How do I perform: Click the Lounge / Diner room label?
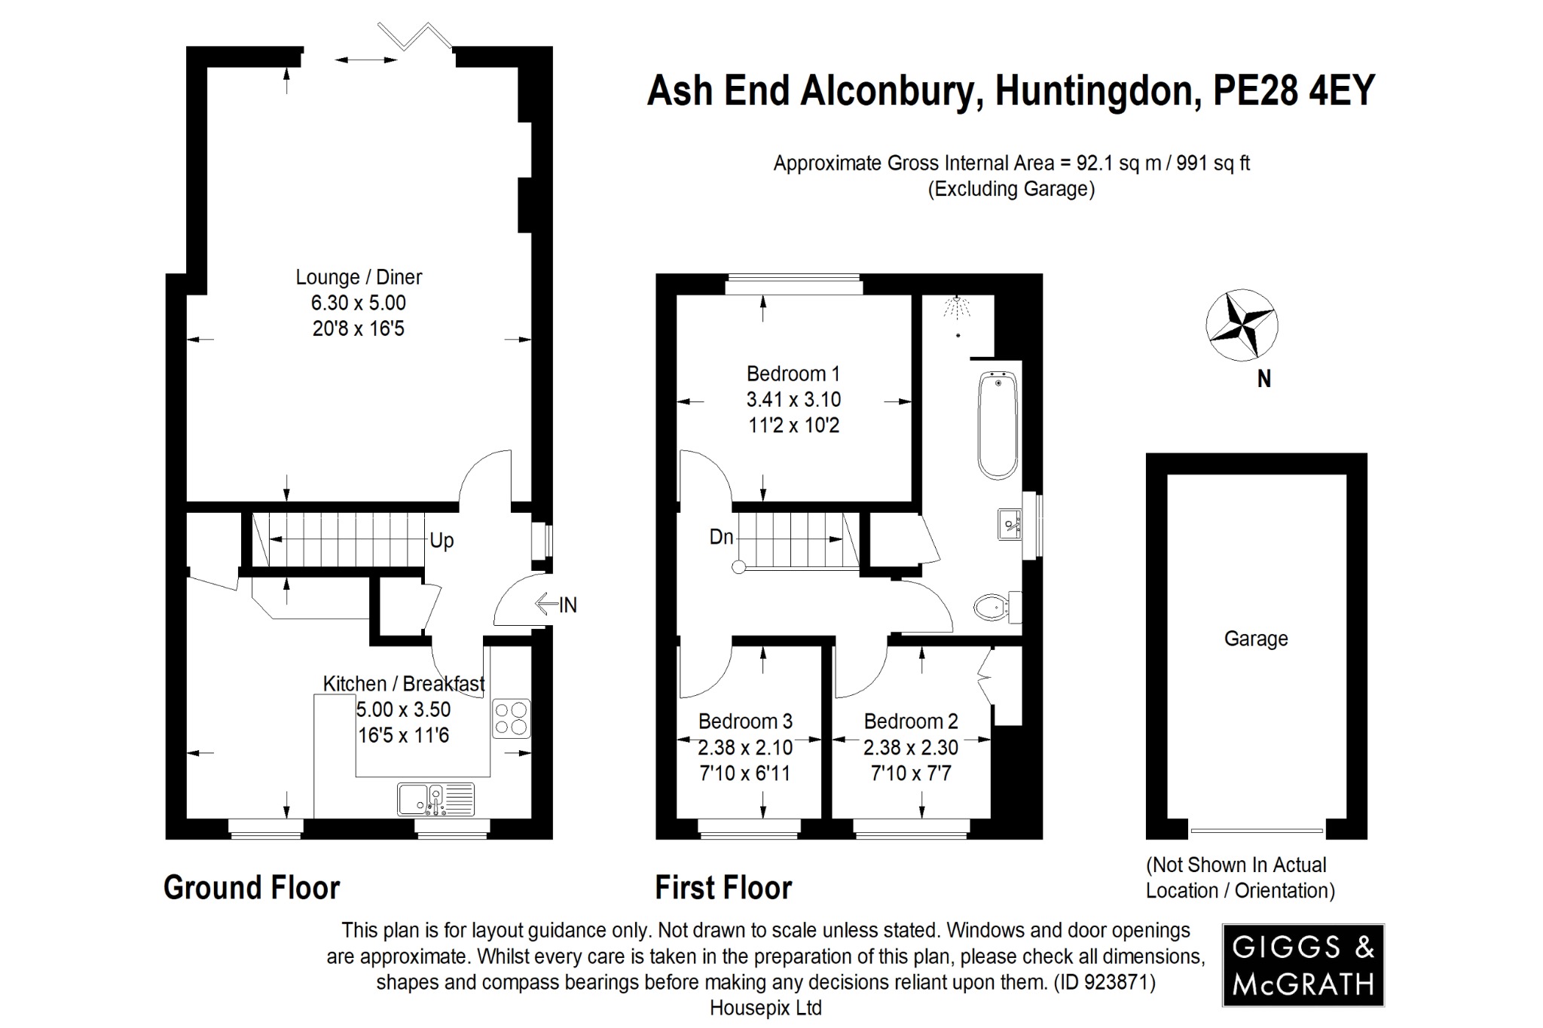click(x=359, y=277)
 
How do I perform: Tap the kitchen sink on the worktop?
click(x=436, y=800)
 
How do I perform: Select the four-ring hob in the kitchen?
click(x=511, y=718)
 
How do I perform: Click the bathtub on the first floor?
click(x=998, y=426)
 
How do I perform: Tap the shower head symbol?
click(x=957, y=307)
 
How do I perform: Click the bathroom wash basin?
click(x=1010, y=524)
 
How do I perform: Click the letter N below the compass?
click(x=1263, y=379)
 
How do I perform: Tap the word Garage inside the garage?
click(x=1256, y=639)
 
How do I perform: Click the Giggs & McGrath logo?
click(x=1303, y=965)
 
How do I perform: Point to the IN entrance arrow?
click(x=556, y=604)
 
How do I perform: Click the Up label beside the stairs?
click(x=442, y=541)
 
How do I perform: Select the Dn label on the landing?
click(x=721, y=537)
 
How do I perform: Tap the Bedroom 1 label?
click(x=793, y=374)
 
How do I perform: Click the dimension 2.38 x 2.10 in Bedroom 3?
click(x=745, y=747)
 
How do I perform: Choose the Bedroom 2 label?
click(x=911, y=721)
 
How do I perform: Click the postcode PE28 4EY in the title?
click(x=1294, y=91)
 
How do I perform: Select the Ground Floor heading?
click(x=252, y=888)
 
